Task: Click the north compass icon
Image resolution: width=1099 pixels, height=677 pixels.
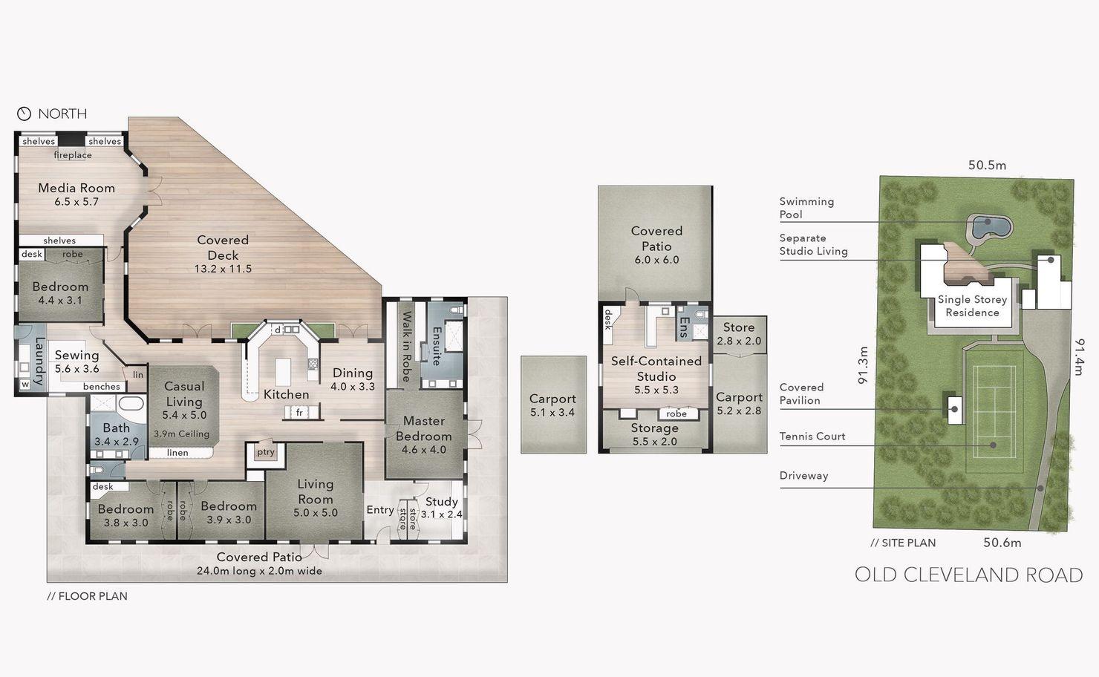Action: (24, 114)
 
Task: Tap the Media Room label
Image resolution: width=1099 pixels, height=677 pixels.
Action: (76, 188)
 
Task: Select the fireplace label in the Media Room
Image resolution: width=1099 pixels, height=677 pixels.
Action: (73, 155)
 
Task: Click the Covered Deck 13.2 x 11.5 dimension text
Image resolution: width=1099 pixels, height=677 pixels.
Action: (224, 269)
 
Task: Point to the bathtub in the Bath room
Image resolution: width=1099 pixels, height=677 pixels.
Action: (131, 405)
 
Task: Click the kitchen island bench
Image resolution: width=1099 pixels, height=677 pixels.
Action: (283, 372)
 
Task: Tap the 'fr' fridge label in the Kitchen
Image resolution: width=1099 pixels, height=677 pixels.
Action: (299, 413)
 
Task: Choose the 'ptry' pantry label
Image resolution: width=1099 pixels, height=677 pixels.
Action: (265, 452)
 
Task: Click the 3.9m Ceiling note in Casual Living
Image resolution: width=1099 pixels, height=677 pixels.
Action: (181, 434)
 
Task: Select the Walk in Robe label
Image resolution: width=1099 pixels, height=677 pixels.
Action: (406, 347)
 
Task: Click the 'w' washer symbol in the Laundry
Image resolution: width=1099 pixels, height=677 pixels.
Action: (25, 385)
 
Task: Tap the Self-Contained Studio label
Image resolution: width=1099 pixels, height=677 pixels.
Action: (656, 369)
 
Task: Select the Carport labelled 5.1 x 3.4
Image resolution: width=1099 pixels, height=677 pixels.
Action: (553, 405)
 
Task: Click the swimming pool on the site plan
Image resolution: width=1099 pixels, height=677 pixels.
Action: (988, 226)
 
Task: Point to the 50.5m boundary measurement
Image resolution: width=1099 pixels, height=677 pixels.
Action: (987, 166)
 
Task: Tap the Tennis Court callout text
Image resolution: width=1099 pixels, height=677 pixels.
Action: (812, 436)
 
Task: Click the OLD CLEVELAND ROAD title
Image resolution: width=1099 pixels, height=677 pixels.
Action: (968, 575)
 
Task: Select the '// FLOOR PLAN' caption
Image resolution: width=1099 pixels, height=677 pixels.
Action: (88, 596)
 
